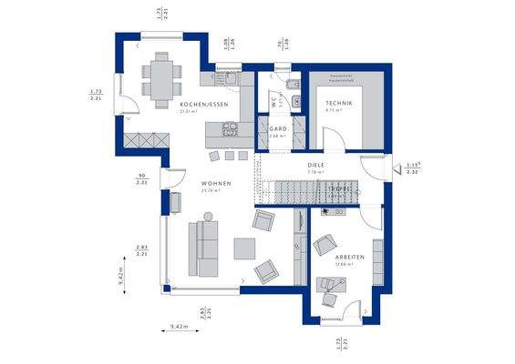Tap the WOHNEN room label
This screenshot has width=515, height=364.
pos(216,183)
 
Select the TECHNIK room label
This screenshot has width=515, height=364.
pos(338,105)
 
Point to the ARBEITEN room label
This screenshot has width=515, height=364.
pos(349,258)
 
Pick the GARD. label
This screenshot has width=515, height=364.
pos(278,129)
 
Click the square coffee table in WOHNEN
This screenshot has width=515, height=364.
pos(244,248)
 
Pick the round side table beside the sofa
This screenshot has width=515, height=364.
pos(208,217)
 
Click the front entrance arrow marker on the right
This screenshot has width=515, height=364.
pos(398,167)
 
